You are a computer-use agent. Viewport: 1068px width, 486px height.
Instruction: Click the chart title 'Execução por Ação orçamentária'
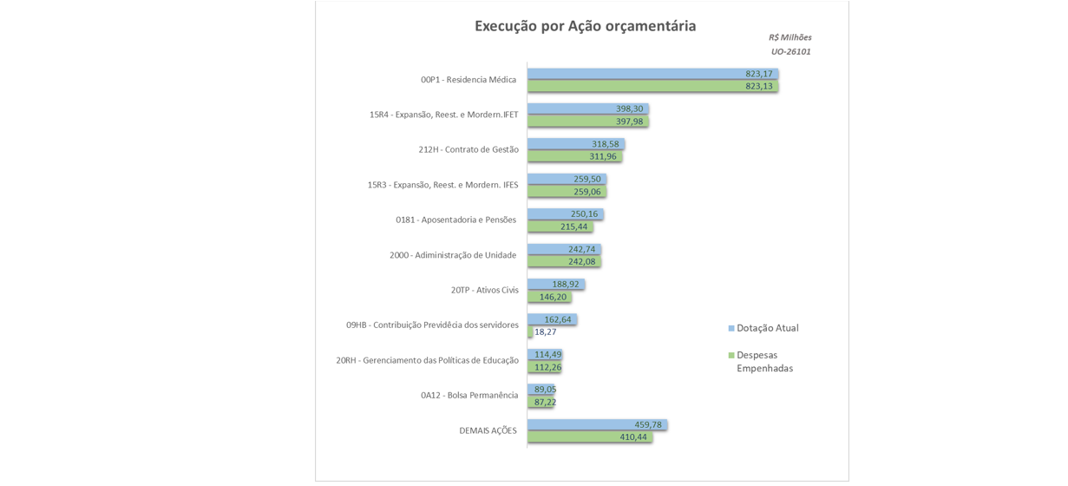point(585,26)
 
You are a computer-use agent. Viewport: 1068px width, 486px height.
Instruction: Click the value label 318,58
point(605,144)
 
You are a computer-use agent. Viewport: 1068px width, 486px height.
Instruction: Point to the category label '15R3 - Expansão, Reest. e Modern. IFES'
point(442,185)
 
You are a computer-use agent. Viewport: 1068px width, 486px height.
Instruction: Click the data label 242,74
point(581,249)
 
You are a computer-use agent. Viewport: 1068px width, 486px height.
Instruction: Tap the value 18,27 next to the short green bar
point(546,332)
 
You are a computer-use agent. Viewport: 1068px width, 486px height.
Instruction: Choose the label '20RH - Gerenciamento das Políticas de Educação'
point(427,360)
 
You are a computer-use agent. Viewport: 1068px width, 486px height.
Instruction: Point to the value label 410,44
point(633,437)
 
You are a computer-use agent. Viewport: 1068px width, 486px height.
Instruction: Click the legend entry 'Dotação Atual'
point(767,328)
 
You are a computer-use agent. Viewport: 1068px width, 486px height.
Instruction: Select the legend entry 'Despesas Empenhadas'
point(764,361)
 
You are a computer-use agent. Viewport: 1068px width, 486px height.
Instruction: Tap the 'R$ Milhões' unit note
point(790,37)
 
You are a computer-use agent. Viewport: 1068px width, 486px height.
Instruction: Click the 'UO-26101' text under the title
point(790,52)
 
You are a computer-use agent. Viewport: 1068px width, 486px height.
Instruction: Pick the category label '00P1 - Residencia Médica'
point(468,80)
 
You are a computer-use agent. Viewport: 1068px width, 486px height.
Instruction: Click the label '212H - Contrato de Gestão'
point(468,149)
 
